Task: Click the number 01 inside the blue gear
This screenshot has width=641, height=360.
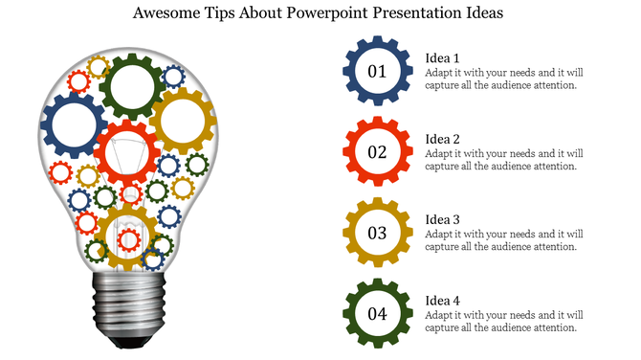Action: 377,72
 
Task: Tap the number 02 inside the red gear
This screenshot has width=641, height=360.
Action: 377,152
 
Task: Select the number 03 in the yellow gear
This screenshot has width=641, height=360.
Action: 377,233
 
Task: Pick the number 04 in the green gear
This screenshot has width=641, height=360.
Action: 377,313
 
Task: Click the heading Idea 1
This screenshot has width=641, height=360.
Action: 443,57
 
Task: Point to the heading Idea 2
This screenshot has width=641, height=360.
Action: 443,138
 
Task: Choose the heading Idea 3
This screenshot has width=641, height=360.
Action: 443,218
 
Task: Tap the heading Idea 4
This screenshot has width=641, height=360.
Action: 443,300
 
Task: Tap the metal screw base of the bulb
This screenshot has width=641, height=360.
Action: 128,304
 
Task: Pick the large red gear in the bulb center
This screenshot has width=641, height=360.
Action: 127,152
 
